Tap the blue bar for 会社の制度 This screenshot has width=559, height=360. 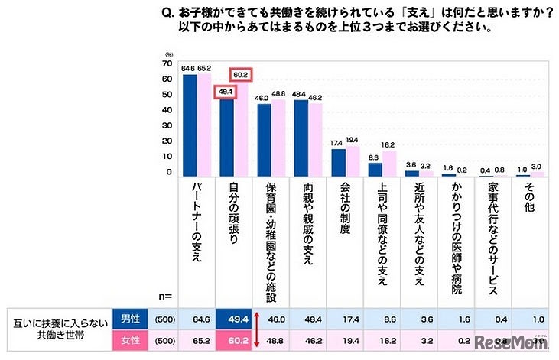(x=338, y=163)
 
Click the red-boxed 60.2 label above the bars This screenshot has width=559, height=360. (x=242, y=74)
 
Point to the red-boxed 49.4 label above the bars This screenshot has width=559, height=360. (x=225, y=92)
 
